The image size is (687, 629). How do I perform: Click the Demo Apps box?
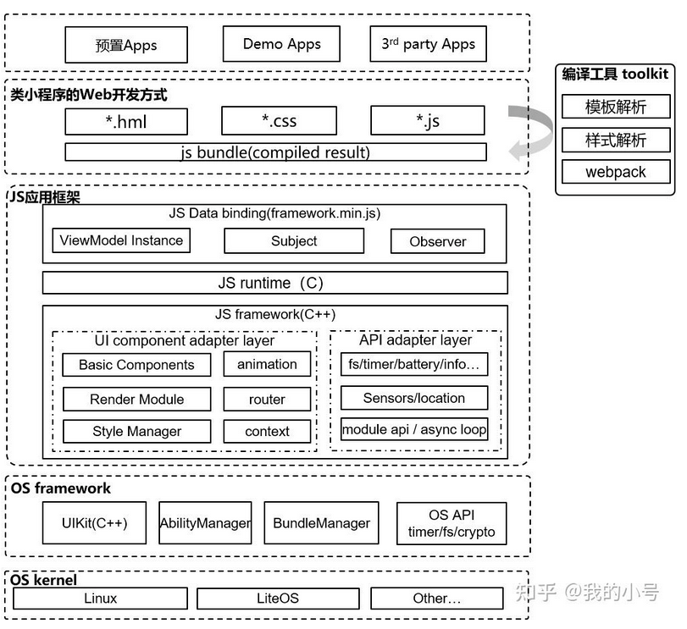point(281,44)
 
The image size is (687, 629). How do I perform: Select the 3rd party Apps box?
point(428,44)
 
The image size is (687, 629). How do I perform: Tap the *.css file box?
point(279,120)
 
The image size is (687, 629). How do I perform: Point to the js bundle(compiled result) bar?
point(275,152)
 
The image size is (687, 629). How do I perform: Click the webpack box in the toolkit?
point(616,172)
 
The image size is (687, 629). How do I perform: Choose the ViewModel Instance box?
point(121,240)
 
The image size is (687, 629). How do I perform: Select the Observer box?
point(438,241)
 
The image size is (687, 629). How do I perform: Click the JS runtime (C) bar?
point(275,283)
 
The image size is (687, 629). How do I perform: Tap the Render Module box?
point(136,399)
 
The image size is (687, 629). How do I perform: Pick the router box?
point(267,399)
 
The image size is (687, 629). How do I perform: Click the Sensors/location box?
point(414,397)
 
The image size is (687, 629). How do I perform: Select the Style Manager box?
point(136,431)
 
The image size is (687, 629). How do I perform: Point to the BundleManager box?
point(322,523)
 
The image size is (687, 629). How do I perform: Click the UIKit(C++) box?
point(94,523)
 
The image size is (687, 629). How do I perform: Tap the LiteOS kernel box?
point(278,599)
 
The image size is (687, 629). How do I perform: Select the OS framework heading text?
point(60,488)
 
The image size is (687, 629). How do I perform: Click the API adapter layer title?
point(415,339)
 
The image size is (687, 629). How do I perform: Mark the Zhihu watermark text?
point(587,593)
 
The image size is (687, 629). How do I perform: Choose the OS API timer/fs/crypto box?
point(452,523)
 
